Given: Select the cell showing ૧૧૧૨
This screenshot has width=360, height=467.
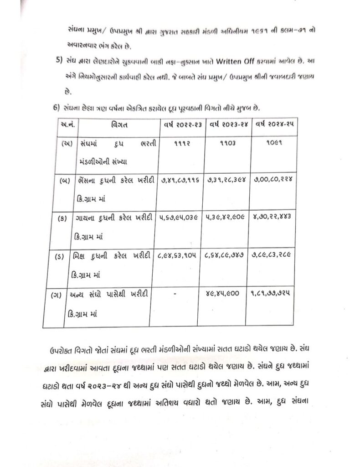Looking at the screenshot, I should pos(179,143).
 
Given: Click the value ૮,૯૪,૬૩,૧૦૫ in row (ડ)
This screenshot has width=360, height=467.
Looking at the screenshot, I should pos(180,257).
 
